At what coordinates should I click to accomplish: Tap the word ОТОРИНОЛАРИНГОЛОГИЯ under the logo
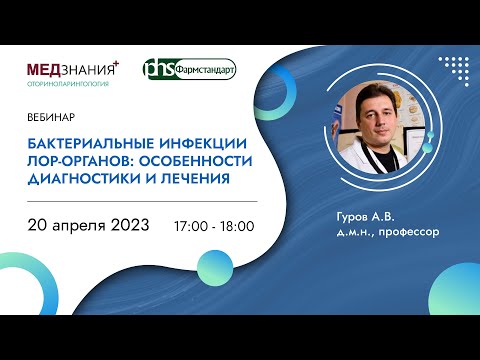coord(68,84)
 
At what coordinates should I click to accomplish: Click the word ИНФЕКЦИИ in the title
coord(196,142)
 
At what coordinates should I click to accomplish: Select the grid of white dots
coord(451,71)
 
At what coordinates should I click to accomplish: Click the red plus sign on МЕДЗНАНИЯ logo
coord(116,61)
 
